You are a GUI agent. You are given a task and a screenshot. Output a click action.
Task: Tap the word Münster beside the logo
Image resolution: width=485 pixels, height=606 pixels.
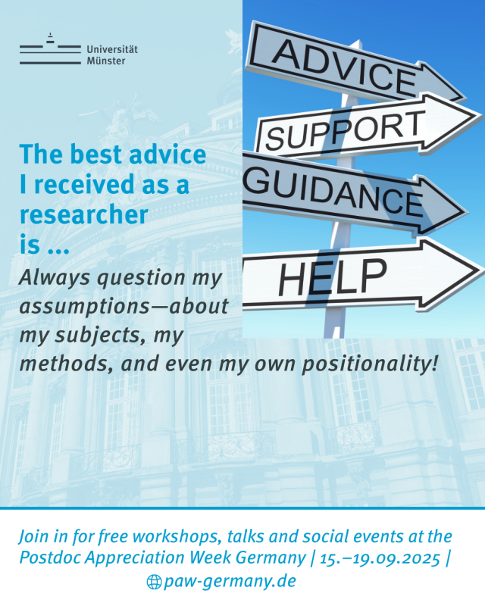[x=106, y=61]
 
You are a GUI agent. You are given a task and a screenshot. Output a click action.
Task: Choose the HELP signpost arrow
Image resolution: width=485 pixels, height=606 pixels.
[x=363, y=275]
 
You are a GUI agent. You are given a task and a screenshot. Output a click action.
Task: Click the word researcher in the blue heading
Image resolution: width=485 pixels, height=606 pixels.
[x=84, y=215]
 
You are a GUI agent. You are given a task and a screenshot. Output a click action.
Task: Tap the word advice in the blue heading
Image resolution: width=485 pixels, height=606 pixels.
[x=167, y=155]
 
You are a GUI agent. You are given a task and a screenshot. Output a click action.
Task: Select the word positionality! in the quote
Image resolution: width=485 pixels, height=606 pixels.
[x=370, y=365]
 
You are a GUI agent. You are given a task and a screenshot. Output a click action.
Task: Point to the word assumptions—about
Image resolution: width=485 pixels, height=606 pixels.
[x=124, y=307]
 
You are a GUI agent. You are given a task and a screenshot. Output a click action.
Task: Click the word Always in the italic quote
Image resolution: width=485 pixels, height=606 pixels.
[x=55, y=278]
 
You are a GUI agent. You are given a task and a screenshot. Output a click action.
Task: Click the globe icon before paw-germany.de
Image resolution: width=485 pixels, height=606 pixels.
[x=154, y=582]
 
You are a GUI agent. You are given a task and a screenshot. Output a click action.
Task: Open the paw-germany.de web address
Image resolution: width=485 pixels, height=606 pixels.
[x=230, y=581]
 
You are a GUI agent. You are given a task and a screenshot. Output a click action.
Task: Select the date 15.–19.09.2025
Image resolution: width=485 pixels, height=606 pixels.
[x=380, y=558]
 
